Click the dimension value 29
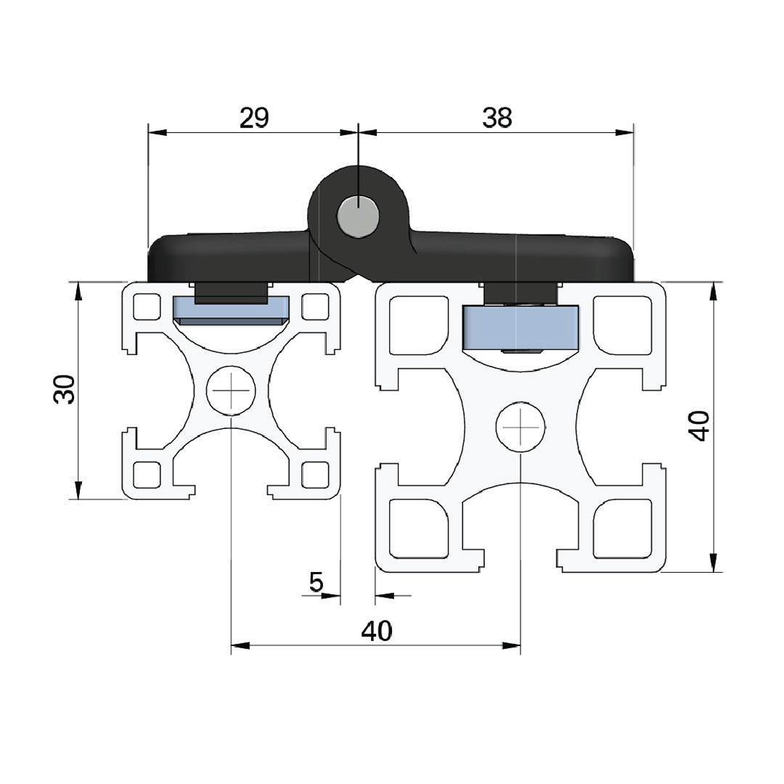point(254,118)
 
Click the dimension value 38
point(497,118)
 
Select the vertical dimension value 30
point(65,389)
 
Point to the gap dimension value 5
point(316,581)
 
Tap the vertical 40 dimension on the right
point(699,425)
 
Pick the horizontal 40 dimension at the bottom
point(377,631)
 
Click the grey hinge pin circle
point(358,216)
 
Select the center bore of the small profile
point(231,391)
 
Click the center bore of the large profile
point(520,427)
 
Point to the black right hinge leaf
point(523,258)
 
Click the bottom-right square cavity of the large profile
point(622,528)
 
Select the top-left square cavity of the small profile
point(147,306)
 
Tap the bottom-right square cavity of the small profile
point(314,475)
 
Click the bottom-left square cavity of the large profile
point(419,528)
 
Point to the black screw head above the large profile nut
point(520,293)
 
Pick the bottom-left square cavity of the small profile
point(147,475)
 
